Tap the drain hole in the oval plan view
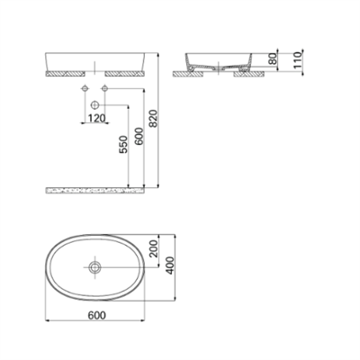tap(94, 267)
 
